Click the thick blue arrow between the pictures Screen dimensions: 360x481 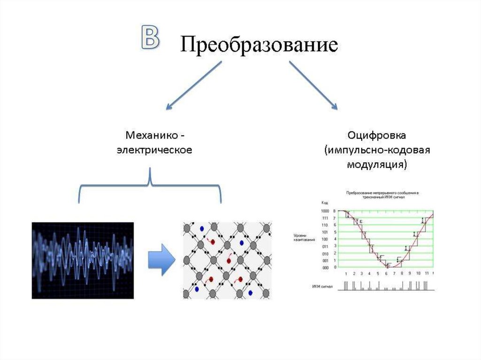click(160, 260)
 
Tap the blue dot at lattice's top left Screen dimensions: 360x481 click(202, 229)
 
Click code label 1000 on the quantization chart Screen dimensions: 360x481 click(325, 212)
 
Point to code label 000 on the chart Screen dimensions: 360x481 click(325, 268)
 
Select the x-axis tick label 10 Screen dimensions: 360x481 click(418, 273)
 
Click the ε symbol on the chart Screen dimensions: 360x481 click(361, 221)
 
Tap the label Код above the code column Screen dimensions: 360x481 click(325, 203)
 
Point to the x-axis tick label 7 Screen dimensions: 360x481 click(394, 273)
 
